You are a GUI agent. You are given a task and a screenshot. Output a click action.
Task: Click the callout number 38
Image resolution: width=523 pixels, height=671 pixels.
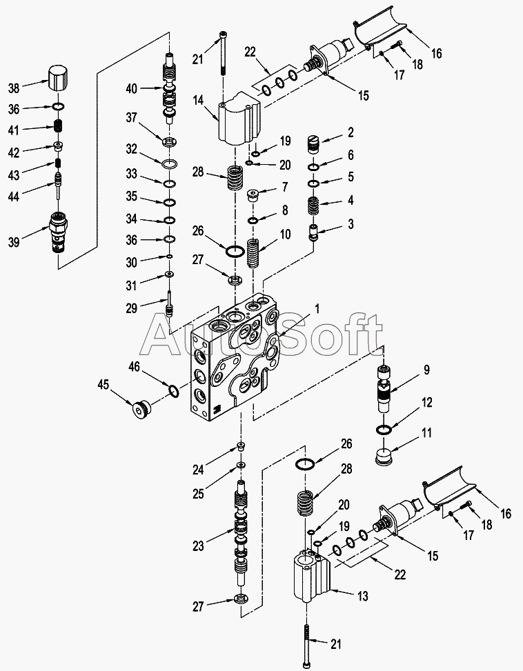tap(13, 88)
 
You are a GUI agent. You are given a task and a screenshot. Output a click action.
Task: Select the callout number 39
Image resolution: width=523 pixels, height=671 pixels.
tap(13, 241)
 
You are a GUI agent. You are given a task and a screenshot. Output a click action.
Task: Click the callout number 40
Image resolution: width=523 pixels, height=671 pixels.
tap(131, 88)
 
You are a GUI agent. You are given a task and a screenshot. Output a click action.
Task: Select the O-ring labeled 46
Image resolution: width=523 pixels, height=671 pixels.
tap(175, 392)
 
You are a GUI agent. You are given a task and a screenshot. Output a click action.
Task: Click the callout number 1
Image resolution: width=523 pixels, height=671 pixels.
tap(318, 310)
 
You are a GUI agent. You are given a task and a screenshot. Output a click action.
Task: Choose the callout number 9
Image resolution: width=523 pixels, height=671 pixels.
tap(426, 370)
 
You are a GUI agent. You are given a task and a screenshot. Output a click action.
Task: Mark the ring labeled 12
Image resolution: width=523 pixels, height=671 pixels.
tap(384, 430)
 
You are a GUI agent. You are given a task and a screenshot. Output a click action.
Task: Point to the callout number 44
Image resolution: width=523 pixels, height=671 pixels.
tap(13, 197)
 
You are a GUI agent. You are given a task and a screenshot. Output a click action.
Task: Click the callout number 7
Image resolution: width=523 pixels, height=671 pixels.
tap(284, 188)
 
